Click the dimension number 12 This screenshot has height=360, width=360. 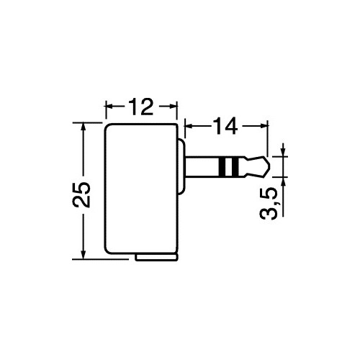(x=140, y=107)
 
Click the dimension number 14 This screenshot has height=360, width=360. (x=225, y=125)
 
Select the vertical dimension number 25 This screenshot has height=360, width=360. (x=81, y=194)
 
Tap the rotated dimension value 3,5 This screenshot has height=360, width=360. (x=269, y=204)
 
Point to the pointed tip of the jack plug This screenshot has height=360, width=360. (x=271, y=166)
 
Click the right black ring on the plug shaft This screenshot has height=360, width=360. (x=235, y=166)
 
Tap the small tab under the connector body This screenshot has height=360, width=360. (x=156, y=258)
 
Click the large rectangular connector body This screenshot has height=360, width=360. (x=141, y=189)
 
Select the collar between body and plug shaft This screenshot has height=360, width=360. (x=181, y=166)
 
